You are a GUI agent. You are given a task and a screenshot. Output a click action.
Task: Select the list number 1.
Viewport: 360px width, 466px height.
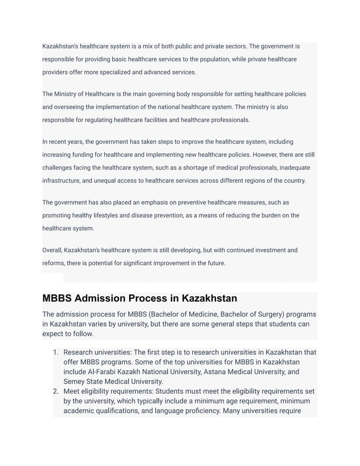55,353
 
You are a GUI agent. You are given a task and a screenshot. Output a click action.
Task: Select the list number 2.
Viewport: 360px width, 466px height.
55,391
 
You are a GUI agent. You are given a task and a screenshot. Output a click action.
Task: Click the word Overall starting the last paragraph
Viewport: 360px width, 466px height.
52,250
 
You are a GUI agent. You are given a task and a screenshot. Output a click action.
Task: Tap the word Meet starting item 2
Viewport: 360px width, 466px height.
72,391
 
